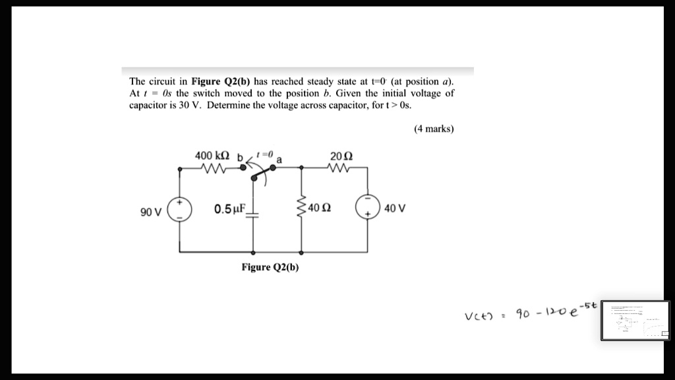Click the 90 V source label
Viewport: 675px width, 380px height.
150,212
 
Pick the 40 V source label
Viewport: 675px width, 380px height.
394,208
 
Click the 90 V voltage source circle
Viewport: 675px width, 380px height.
180,209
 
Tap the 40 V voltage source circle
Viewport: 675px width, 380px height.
367,208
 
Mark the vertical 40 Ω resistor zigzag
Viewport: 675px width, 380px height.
302,208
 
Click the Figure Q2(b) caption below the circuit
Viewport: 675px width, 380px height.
270,267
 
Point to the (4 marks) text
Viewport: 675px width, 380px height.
434,129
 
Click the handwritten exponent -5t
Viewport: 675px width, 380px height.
587,305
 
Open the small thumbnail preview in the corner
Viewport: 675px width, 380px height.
635,321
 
